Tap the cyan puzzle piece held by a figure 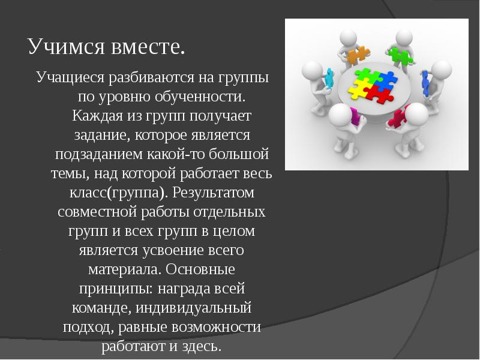(x=329, y=77)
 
